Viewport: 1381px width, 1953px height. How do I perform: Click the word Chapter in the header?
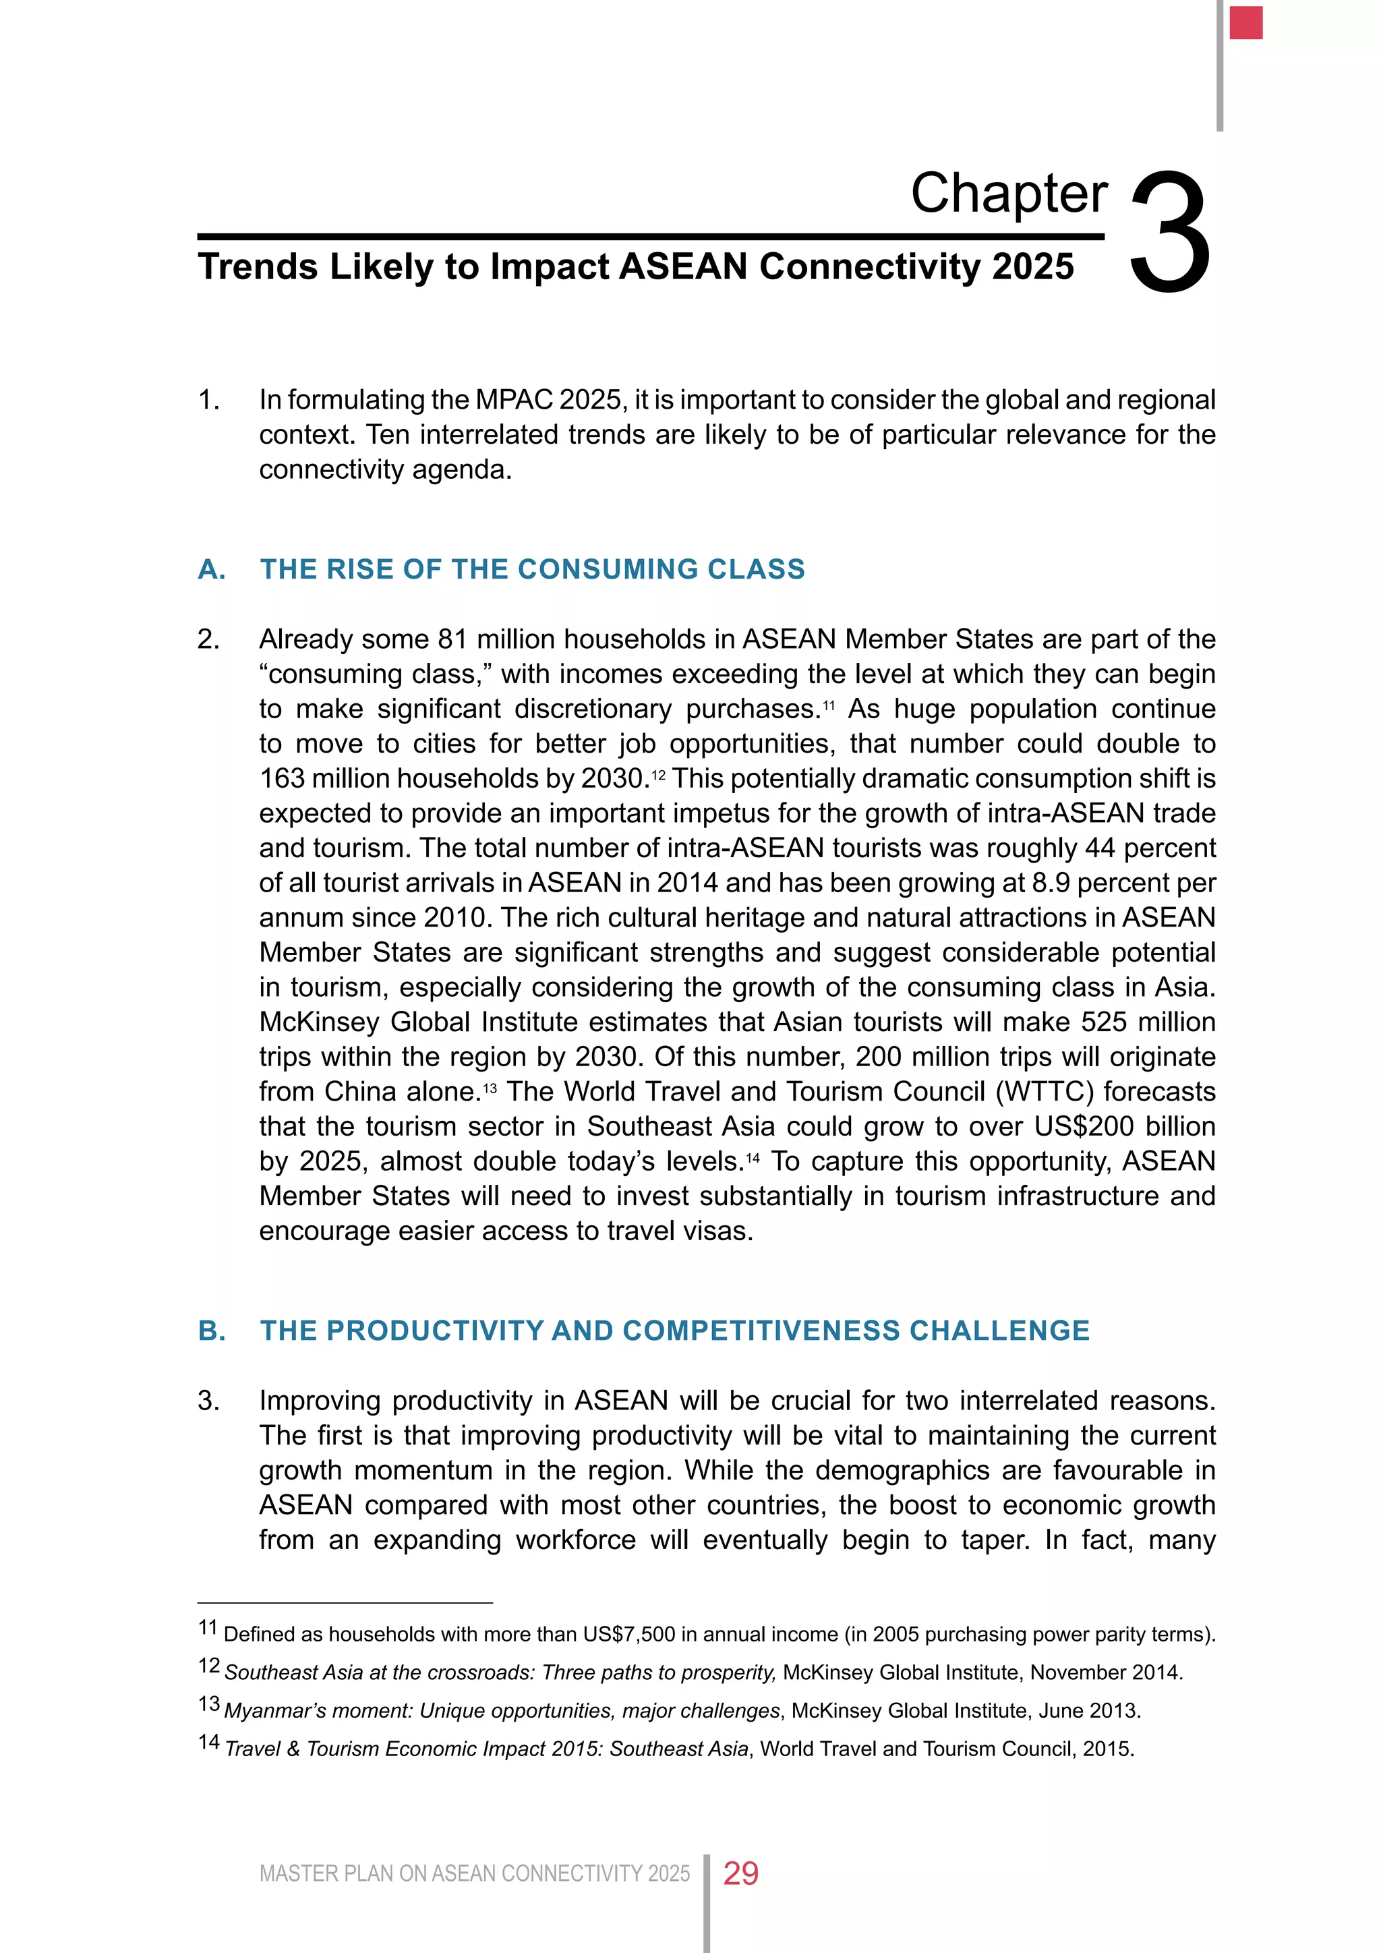[1009, 194]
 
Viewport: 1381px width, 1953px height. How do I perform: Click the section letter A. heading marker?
[212, 569]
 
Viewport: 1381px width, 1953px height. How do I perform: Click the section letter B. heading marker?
[212, 1331]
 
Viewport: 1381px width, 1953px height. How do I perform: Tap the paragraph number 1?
[208, 400]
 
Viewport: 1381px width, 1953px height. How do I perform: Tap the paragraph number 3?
[208, 1400]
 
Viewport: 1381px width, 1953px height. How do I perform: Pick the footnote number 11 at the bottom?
[208, 1628]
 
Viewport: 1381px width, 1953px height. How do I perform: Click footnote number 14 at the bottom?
[208, 1743]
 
